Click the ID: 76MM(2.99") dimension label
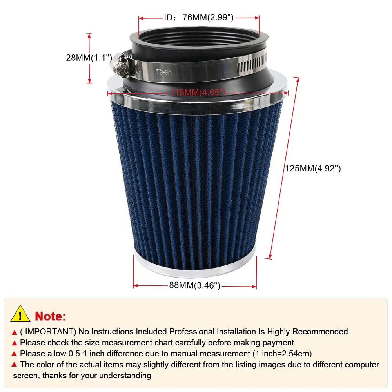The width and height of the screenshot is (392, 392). point(199,18)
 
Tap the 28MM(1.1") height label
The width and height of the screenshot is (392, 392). point(89,58)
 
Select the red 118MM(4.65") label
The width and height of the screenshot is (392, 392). point(198,93)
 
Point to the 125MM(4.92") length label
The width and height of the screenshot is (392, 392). point(313,169)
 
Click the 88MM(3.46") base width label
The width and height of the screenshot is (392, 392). point(195,285)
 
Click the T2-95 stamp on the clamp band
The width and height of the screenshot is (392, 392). point(164,72)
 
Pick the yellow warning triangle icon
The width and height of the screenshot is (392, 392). point(20,314)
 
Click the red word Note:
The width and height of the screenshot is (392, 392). point(51,316)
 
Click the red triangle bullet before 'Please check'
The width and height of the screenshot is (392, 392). point(15,343)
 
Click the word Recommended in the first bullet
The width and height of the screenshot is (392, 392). point(320,332)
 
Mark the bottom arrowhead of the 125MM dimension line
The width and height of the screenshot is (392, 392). point(270,257)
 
